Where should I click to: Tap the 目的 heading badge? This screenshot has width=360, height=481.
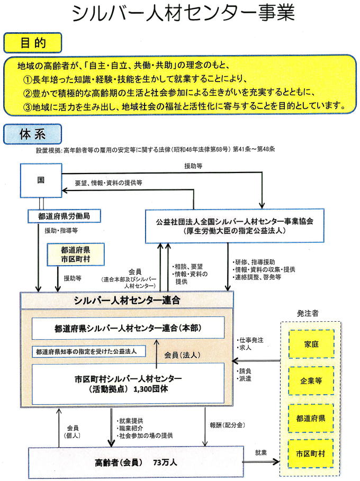click(x=32, y=42)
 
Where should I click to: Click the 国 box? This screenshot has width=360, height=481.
click(x=41, y=179)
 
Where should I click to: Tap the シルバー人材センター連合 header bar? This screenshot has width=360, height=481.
click(x=127, y=300)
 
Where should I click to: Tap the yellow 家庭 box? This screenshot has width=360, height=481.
click(x=311, y=344)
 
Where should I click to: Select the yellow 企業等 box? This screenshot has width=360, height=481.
click(x=311, y=380)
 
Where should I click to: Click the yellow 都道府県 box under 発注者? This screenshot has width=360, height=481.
click(x=311, y=417)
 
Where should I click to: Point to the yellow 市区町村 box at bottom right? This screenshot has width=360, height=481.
click(x=311, y=453)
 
